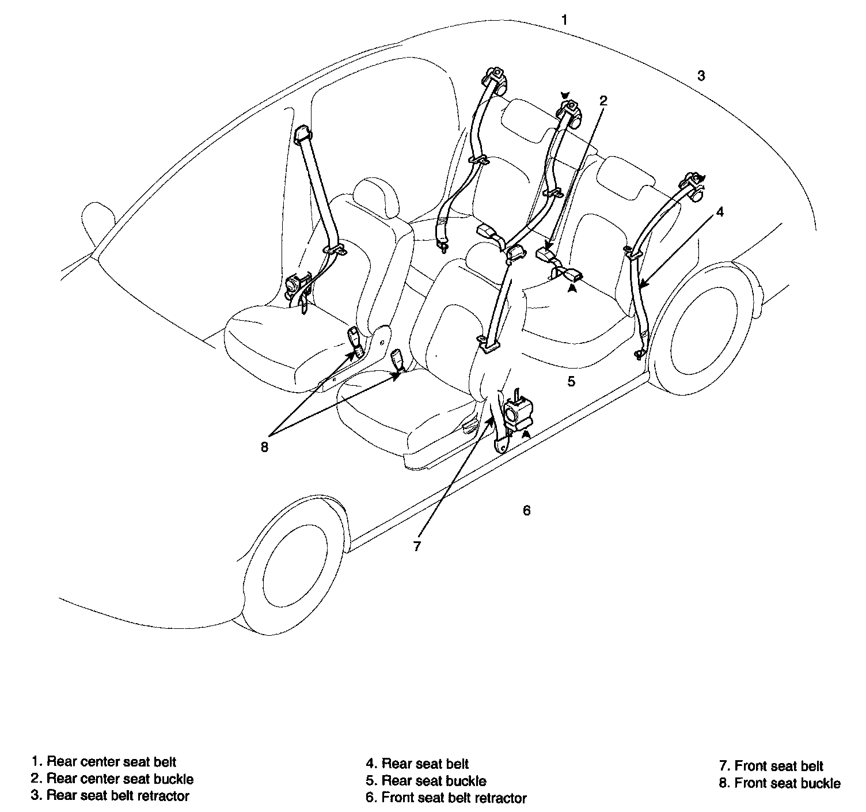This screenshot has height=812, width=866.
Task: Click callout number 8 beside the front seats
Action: coord(264,446)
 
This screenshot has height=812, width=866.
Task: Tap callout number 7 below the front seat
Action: coord(417,546)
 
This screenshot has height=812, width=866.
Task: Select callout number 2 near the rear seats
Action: coord(603,101)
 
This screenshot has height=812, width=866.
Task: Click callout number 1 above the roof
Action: coord(565,20)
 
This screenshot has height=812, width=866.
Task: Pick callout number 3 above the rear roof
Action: coord(701,75)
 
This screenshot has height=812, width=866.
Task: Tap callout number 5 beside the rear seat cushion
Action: coord(571,381)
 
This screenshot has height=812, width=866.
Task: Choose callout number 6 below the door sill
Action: coord(526,510)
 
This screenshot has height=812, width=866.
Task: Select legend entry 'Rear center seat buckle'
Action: coord(113,779)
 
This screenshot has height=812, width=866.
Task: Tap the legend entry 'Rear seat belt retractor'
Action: coord(111,796)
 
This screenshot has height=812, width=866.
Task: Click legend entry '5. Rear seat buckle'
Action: coord(426,781)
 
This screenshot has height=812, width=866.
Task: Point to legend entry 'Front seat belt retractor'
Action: coord(446,798)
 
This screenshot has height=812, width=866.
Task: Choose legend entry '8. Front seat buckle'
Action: coord(780,783)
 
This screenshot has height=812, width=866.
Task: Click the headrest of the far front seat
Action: coord(376,196)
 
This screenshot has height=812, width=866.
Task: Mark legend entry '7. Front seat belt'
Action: coord(772,766)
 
